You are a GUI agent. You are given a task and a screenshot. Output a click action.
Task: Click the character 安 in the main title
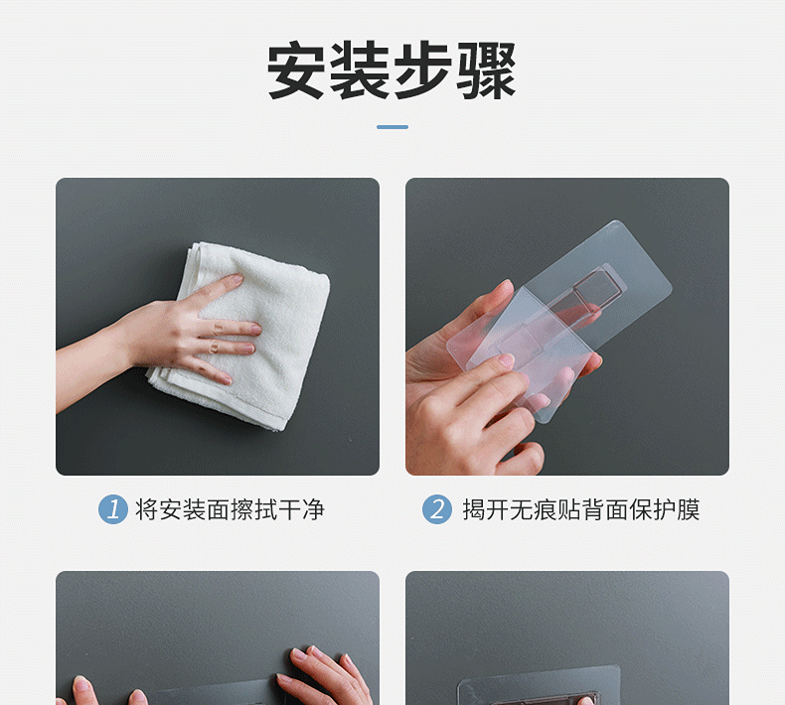pos(296,70)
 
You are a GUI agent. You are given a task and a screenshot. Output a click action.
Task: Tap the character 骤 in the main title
pos(487,70)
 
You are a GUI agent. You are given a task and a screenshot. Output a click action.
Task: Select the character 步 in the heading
pos(423,70)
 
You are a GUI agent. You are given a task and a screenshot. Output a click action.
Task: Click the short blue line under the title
pos(392,127)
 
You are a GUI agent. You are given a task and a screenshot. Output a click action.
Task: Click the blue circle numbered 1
pos(113,509)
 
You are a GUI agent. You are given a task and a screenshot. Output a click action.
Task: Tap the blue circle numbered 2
pos(437,509)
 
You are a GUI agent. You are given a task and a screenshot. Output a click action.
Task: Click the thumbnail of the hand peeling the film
pos(567,327)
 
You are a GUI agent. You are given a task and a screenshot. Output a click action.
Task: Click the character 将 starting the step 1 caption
pos(147,509)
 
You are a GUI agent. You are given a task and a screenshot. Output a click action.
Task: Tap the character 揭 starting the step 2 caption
pos(474,509)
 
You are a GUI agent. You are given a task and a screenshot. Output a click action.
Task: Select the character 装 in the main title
pos(360,70)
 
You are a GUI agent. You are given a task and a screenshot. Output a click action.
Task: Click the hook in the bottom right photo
pos(540,690)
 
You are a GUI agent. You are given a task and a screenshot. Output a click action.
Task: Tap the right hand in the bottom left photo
pos(325,675)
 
